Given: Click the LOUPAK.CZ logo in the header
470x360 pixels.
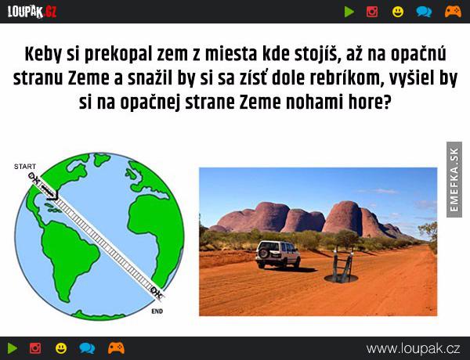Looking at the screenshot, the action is tap(32, 12).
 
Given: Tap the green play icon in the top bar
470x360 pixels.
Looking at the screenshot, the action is tap(349, 12).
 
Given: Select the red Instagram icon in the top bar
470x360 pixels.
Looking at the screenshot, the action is tap(372, 12).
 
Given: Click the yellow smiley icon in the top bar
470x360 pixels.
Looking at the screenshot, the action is tap(398, 12).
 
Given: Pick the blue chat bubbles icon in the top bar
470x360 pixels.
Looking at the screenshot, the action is tap(424, 12).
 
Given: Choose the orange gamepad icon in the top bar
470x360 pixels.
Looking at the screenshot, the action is tap(453, 12).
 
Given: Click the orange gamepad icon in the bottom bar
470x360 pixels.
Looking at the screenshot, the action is tap(116, 348).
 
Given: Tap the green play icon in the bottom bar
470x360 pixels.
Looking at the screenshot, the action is tap(13, 348).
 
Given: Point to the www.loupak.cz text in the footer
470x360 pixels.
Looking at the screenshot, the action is tap(413, 349).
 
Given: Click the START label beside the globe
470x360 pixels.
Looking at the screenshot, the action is tap(25, 167).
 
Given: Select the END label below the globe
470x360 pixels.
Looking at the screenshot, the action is tap(157, 311).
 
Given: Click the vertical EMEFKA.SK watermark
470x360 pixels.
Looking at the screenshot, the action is tap(454, 180).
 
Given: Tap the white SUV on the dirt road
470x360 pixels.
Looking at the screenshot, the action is tap(277, 254).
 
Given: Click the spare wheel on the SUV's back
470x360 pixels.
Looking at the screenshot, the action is tap(263, 253).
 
